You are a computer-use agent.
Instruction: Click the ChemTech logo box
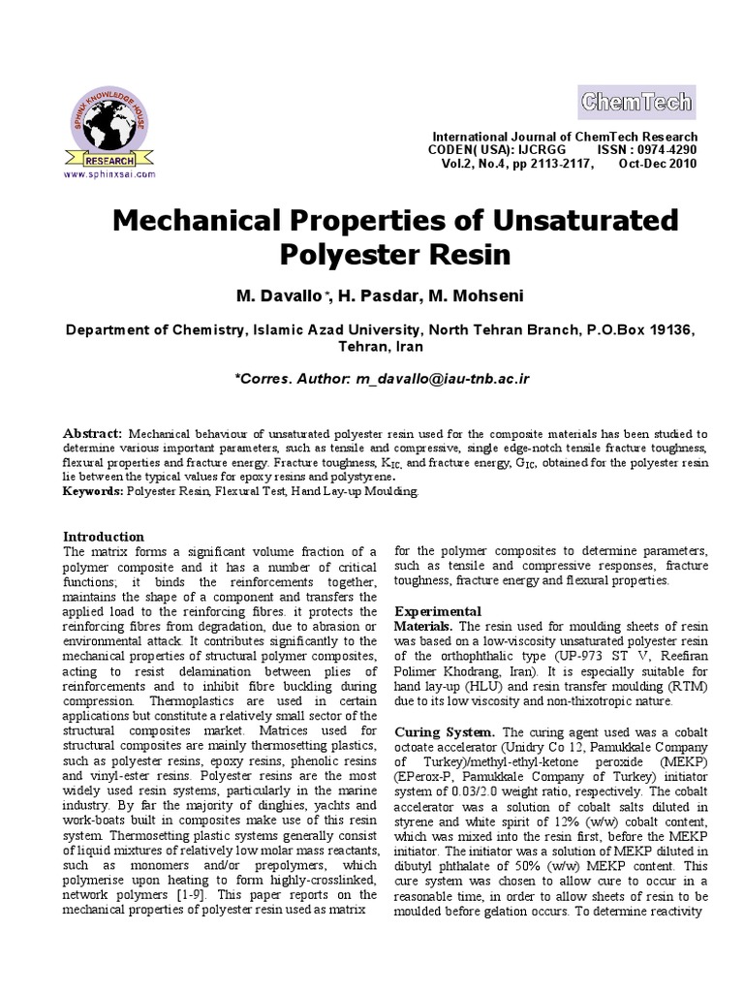coord(635,101)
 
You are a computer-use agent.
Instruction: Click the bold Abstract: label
coord(92,433)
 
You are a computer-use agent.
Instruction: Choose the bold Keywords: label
coord(93,492)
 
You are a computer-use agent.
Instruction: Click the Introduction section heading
coord(103,536)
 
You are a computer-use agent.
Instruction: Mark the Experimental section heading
coord(438,611)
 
